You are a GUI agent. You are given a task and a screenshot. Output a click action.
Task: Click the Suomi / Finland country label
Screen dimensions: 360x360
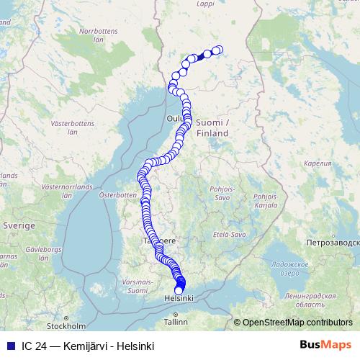coord(213,127)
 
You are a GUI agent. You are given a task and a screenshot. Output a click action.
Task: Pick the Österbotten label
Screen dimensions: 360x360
coord(117,194)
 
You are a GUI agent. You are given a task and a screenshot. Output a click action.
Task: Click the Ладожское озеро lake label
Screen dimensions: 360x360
coord(290,269)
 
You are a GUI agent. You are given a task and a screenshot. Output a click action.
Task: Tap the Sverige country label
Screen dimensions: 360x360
coord(19,225)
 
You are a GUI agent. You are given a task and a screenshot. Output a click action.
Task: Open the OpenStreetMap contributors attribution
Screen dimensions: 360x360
coord(297,323)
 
